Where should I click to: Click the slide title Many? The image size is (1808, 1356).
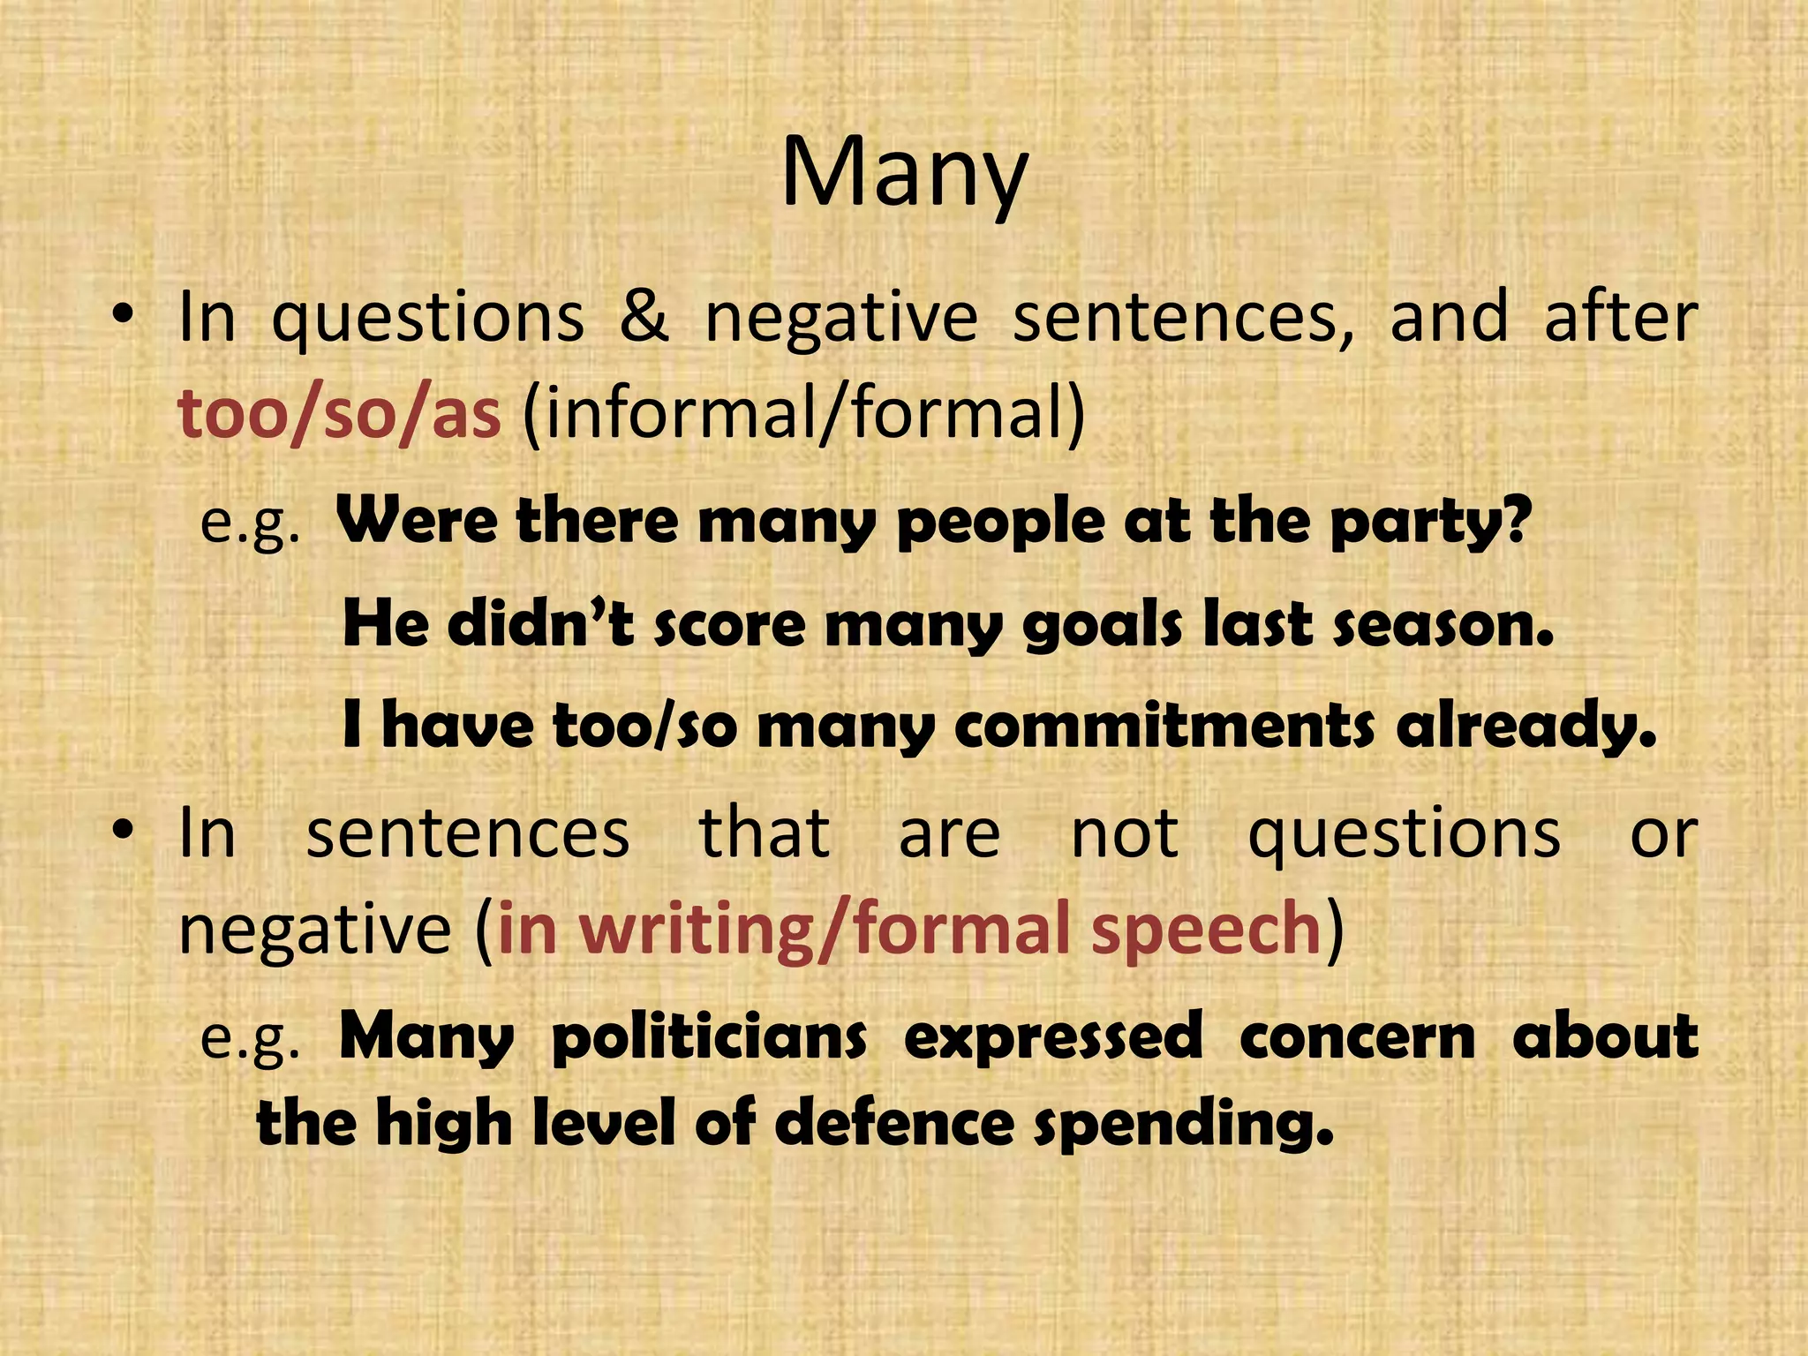[x=904, y=175]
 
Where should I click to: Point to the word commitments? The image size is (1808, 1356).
[x=1164, y=726]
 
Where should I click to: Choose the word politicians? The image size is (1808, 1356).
[x=709, y=1037]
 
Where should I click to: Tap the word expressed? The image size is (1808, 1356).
[x=1052, y=1037]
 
